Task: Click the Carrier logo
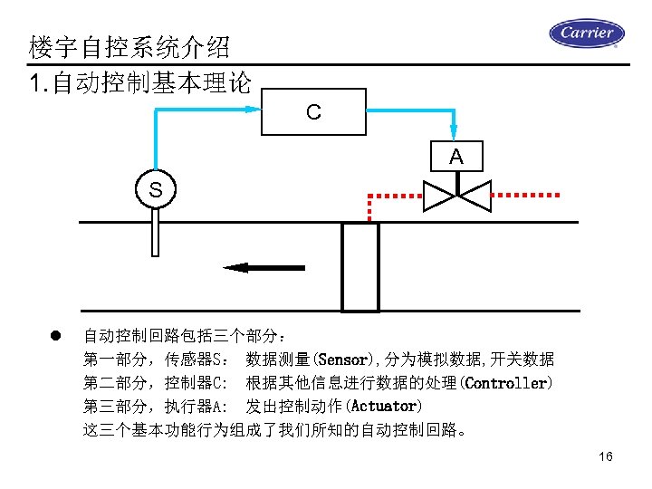point(586,34)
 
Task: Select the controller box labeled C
point(313,111)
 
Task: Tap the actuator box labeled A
point(456,157)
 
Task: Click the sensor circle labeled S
point(156,190)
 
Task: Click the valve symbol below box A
point(457,196)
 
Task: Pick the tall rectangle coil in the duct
point(360,266)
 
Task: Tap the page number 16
point(606,456)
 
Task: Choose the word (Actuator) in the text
point(385,407)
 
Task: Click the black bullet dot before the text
point(55,336)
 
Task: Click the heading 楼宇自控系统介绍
point(129,45)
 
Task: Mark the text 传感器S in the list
point(188,360)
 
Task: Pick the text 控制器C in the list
point(188,383)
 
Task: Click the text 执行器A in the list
point(188,407)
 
